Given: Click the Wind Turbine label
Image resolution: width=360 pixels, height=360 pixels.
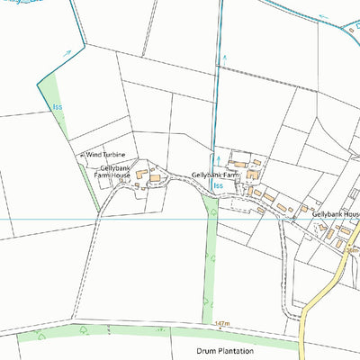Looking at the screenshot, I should [x=106, y=155].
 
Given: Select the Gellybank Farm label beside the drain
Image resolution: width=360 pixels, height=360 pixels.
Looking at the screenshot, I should [x=216, y=175].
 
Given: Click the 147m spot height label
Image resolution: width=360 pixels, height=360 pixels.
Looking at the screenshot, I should [x=223, y=322].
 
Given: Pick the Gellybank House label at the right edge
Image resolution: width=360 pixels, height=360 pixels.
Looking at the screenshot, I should [x=335, y=214].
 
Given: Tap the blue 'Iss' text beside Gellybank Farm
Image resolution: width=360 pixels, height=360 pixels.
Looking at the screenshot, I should [x=218, y=185].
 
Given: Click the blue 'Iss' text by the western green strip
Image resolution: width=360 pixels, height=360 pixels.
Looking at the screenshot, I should [x=58, y=108].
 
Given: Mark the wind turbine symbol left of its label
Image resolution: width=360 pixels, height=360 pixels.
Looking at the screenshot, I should [x=82, y=156].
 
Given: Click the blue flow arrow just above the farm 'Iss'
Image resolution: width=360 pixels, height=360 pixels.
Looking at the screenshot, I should [x=215, y=156].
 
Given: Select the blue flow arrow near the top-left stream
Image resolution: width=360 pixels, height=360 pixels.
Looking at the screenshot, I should [x=67, y=54].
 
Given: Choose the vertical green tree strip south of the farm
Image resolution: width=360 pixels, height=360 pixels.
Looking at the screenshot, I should [x=211, y=261].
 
